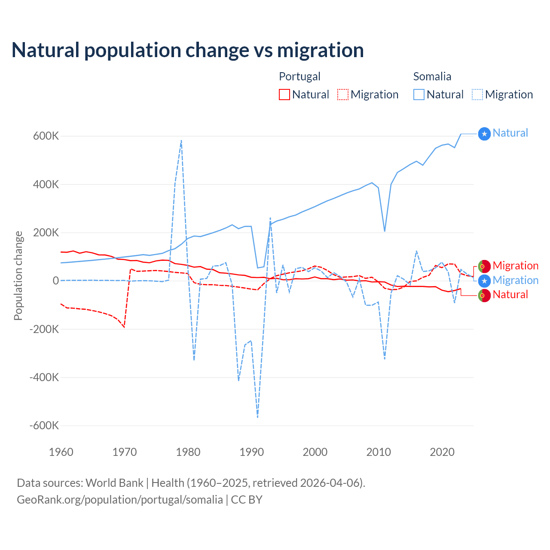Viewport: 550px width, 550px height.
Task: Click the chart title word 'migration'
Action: [320, 50]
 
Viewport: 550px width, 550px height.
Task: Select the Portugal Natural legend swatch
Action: [284, 95]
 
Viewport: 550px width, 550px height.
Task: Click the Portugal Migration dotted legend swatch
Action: [343, 95]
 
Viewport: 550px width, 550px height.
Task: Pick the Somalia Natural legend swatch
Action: [419, 95]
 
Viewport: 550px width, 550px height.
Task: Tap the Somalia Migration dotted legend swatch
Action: [477, 95]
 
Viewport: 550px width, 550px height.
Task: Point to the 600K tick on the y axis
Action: [46, 136]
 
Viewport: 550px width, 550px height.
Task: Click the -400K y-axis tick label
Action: [44, 377]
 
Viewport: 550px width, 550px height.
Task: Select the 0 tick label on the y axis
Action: [56, 281]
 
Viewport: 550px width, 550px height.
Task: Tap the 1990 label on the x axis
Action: [252, 452]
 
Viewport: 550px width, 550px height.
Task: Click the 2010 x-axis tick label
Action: [379, 452]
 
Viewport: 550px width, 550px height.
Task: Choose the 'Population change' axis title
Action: [18, 276]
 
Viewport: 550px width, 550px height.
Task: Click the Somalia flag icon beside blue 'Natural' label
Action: [484, 134]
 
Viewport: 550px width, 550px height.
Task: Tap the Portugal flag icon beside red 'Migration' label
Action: [484, 266]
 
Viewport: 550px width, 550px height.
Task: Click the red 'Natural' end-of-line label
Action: [510, 295]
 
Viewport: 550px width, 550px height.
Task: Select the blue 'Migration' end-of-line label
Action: [515, 281]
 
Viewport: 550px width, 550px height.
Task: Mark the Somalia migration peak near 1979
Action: [181, 140]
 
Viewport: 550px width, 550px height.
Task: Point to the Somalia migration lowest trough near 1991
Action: [257, 417]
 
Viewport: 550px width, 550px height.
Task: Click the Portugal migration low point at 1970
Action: [124, 327]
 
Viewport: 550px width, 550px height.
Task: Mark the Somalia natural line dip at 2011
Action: [385, 231]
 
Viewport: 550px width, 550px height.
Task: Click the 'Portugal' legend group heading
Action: [299, 76]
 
